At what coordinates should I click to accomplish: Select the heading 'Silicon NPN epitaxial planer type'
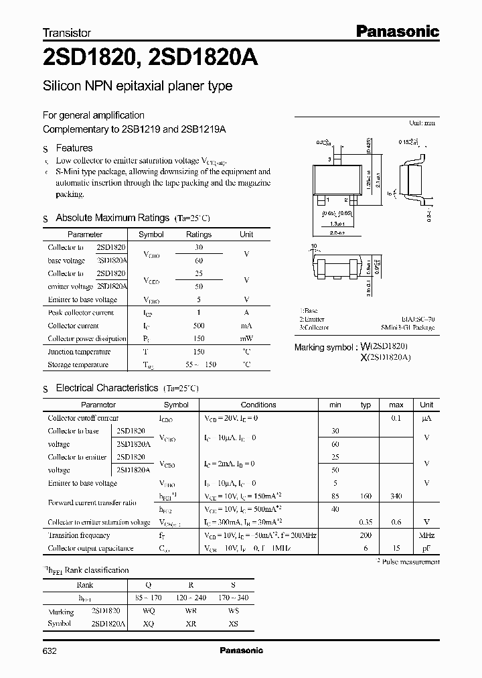click(x=137, y=86)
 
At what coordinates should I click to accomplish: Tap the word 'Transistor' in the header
click(x=67, y=32)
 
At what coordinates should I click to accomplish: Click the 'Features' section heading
click(x=74, y=148)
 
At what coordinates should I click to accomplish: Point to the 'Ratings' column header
click(x=198, y=234)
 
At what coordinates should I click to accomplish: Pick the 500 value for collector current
click(x=198, y=326)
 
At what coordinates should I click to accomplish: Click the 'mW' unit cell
click(x=246, y=338)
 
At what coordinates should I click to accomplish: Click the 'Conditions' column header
click(x=258, y=405)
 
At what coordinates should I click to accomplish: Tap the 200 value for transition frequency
click(x=366, y=535)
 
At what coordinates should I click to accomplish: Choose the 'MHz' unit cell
click(x=426, y=535)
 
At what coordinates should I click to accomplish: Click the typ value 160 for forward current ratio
click(x=366, y=496)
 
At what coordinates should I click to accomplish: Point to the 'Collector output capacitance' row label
click(x=90, y=548)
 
